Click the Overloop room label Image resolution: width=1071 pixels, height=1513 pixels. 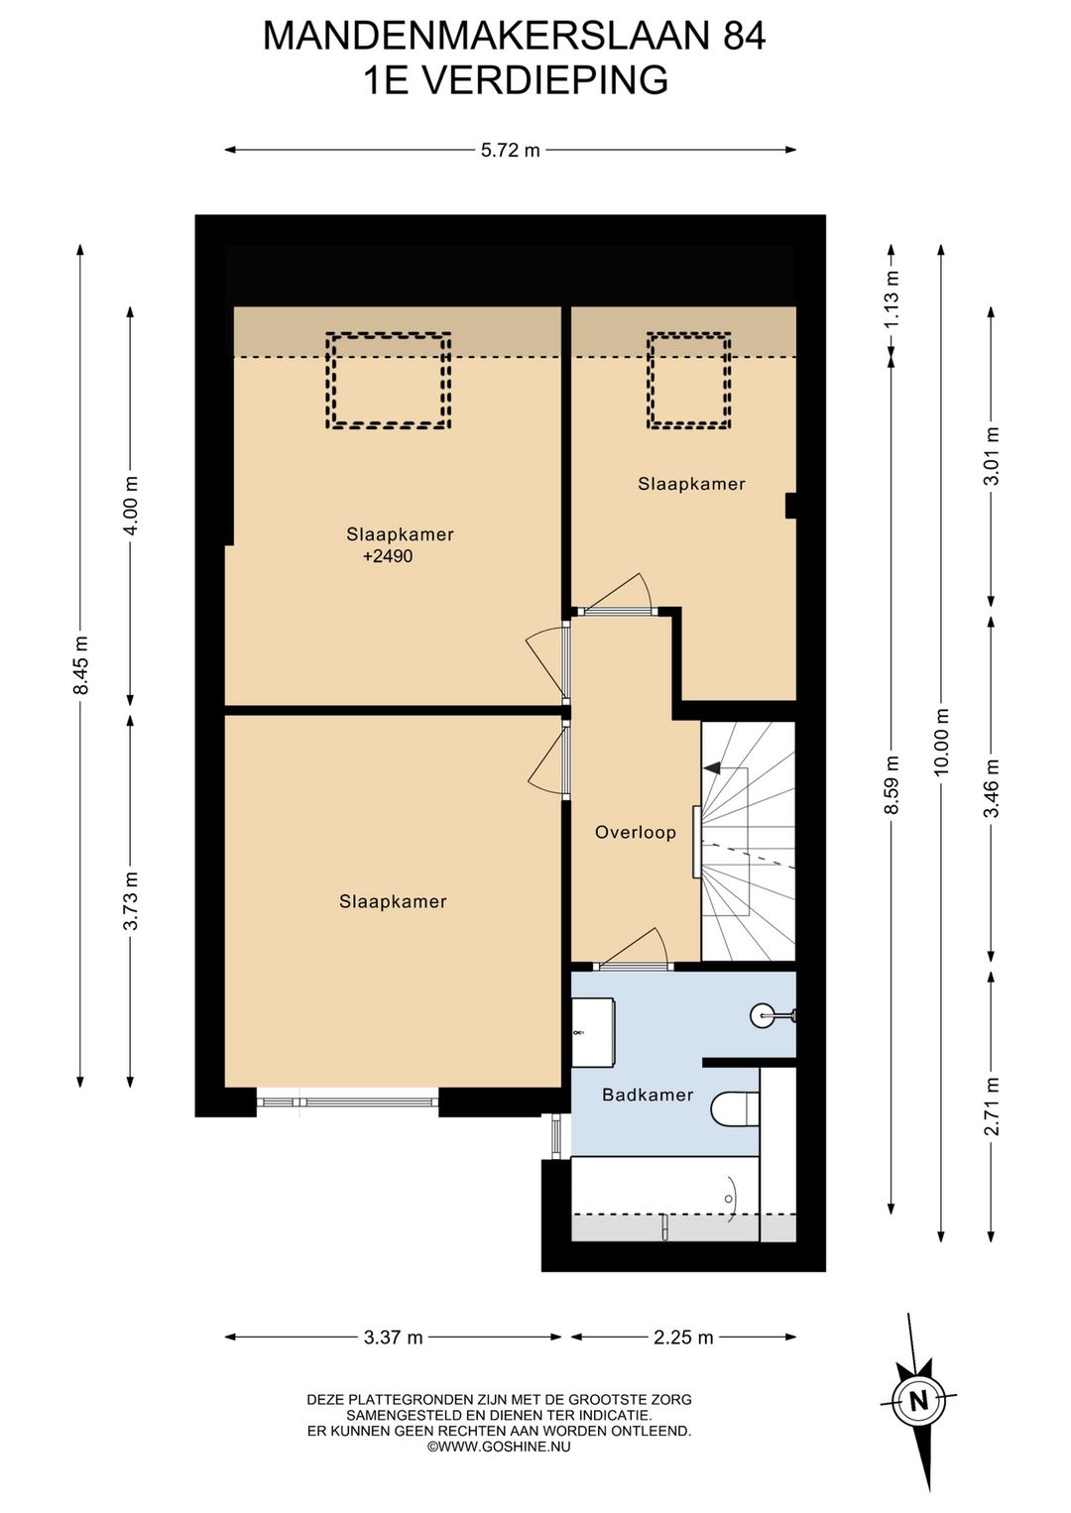coord(636,832)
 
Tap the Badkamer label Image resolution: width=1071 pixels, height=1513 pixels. coord(648,1095)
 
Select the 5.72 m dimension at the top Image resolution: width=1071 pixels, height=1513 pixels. coord(510,150)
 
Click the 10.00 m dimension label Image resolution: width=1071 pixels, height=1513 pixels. coord(943,741)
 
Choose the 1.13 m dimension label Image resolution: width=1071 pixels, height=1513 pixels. coord(893,299)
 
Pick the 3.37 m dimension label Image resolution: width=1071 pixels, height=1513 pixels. coord(394,1338)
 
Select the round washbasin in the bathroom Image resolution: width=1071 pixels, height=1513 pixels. coord(761,1015)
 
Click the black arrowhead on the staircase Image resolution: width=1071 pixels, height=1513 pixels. coord(711,768)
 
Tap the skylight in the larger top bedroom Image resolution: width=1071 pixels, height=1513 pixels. coord(389,381)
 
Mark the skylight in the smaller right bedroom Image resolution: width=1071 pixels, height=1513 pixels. coord(689,381)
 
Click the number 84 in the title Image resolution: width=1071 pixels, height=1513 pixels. coord(746,36)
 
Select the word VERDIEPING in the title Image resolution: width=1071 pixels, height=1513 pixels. coord(548,80)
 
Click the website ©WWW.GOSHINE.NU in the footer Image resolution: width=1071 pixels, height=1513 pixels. coord(500,1447)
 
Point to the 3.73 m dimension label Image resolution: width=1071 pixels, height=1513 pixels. coord(131,900)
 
